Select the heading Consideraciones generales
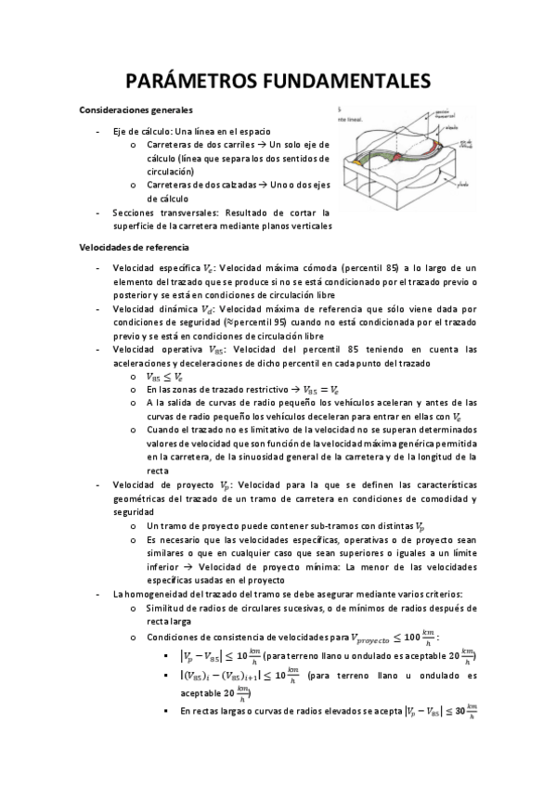point(136,111)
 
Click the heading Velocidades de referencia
point(134,248)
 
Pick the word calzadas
point(238,185)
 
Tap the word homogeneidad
point(159,593)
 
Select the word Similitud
point(165,607)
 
